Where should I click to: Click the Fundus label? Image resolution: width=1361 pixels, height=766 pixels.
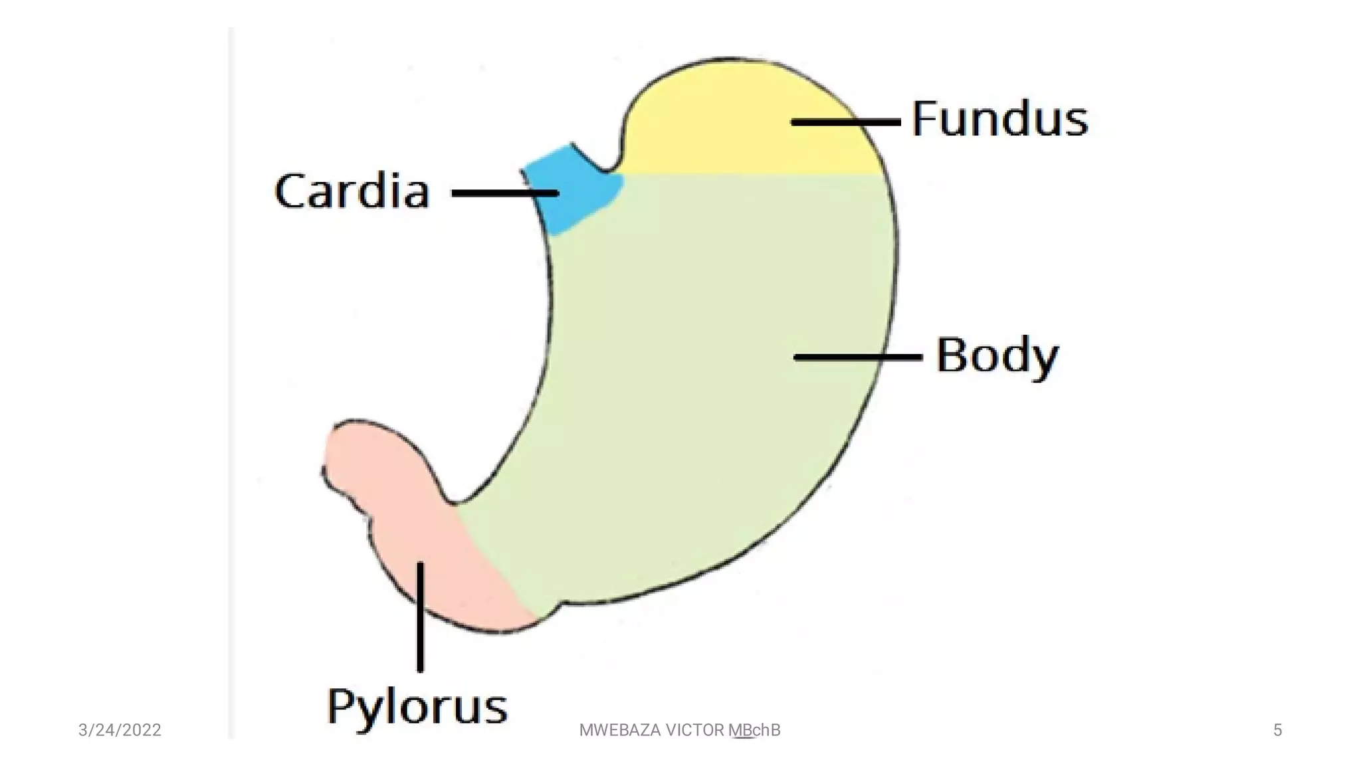[999, 120]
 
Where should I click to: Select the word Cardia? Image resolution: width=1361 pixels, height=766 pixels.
[352, 191]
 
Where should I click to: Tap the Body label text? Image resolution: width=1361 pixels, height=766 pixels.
[997, 356]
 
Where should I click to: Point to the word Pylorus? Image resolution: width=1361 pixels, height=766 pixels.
[417, 707]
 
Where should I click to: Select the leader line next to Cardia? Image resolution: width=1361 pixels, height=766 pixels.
[504, 193]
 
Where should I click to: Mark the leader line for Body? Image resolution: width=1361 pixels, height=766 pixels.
[857, 357]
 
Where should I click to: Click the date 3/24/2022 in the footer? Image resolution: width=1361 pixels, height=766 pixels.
[120, 730]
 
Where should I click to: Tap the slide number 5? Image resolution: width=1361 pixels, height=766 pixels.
[1277, 730]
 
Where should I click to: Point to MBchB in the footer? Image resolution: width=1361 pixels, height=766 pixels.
[754, 730]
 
